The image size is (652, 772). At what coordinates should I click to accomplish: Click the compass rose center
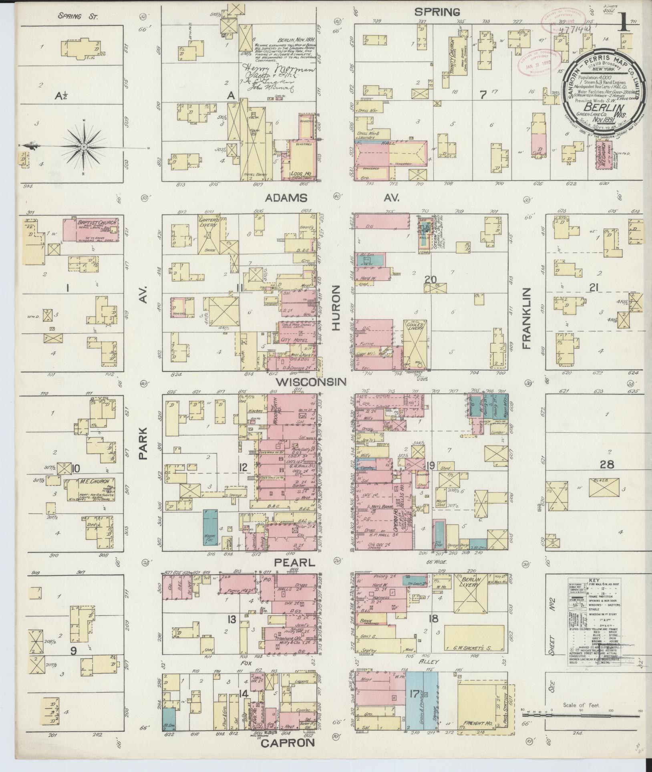click(x=83, y=147)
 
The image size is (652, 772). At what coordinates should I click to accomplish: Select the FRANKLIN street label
click(x=526, y=318)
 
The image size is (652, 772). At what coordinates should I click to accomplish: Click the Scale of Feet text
click(x=581, y=705)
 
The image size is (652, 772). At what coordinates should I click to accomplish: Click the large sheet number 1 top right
click(x=624, y=26)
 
